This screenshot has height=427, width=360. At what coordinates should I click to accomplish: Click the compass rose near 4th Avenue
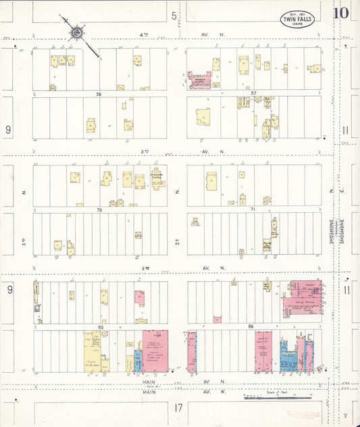77,32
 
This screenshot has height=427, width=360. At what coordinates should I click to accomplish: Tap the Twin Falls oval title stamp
297,18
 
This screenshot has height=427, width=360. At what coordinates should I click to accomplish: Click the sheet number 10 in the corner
341,13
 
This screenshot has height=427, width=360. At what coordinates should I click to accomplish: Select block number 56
99,94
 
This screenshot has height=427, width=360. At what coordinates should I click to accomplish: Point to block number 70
99,210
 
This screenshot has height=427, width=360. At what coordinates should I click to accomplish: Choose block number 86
253,327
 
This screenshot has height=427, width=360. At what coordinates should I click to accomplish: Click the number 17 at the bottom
178,407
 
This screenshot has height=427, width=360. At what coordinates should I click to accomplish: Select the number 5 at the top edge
174,15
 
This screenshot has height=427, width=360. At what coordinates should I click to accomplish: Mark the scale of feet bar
277,397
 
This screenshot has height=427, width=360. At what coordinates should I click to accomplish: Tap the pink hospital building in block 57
200,81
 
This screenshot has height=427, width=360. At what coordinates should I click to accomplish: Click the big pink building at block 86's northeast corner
303,298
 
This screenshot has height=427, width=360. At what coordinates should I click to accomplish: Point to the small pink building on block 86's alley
217,319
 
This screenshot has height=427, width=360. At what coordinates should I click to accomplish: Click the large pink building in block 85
155,350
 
